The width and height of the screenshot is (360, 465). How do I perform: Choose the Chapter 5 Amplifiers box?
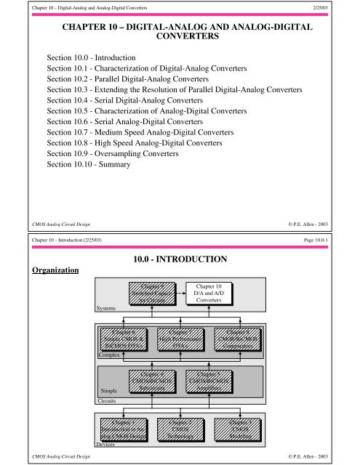click(x=209, y=384)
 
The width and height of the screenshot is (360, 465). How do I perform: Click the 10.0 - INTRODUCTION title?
click(x=180, y=258)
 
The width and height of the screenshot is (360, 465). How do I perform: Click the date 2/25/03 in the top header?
click(x=328, y=8)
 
